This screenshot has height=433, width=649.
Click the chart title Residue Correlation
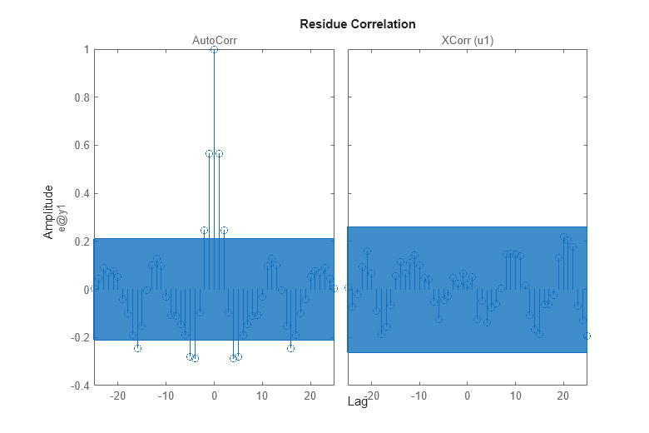pos(357,24)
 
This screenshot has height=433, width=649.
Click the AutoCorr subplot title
pos(214,40)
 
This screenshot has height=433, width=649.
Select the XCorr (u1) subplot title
pos(467,40)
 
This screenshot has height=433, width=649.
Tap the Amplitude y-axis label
pos(48,212)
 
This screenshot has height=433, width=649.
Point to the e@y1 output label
pos(60,212)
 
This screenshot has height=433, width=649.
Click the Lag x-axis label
pos(357,402)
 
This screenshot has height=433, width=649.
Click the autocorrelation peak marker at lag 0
pos(214,50)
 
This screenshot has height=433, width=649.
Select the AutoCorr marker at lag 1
pos(219,154)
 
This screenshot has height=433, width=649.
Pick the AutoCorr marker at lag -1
pos(210,154)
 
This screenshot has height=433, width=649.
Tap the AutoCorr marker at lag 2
pos(224,230)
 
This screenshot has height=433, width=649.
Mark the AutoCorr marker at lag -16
pos(137,348)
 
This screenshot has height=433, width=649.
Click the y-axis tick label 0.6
pos(81,146)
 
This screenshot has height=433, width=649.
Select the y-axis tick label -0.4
pos(79,386)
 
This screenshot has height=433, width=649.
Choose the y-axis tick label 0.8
pos(81,97)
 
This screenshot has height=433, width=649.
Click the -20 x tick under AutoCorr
pos(117,396)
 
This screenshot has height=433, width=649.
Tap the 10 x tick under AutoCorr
pos(262,396)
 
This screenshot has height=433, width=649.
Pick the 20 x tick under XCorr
pos(563,396)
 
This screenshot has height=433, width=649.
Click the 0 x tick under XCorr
pos(467,396)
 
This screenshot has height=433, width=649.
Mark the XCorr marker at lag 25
pos(587,336)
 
